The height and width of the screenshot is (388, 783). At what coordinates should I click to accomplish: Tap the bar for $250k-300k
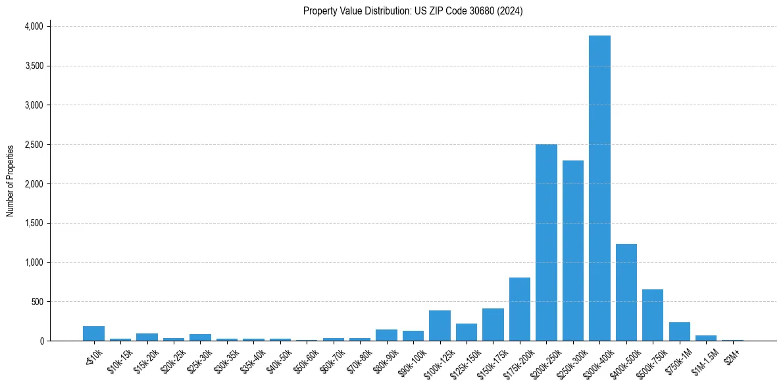click(573, 251)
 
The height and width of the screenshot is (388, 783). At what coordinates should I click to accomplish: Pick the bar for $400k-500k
click(626, 292)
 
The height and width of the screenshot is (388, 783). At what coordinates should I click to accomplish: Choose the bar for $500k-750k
click(653, 315)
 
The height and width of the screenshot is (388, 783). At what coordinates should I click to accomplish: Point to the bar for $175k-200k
click(520, 309)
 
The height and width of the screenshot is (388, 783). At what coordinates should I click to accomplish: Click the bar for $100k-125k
click(440, 326)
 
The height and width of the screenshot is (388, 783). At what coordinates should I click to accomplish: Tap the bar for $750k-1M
click(680, 331)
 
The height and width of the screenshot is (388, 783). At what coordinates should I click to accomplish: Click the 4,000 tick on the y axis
click(34, 26)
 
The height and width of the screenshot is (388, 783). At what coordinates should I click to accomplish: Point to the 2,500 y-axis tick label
click(34, 145)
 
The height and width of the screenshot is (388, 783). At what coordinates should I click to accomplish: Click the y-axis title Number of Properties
click(11, 181)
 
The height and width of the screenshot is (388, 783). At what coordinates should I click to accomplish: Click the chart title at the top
click(413, 11)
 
